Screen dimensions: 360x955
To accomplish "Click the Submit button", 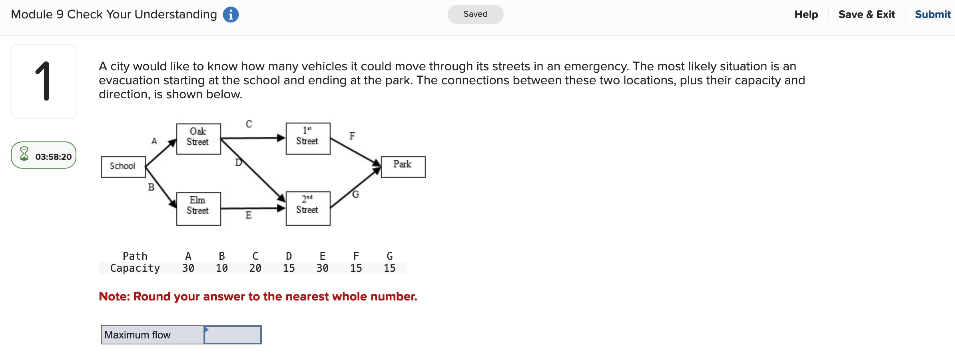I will (x=932, y=14).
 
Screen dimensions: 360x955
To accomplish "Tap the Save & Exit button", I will (x=866, y=14).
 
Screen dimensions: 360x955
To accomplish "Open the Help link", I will (x=806, y=14).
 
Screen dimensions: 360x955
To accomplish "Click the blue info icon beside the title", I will (x=231, y=15).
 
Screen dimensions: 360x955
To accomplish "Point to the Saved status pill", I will (x=475, y=14).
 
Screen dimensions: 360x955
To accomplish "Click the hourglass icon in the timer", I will (x=24, y=154).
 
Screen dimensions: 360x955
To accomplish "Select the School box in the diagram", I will (x=123, y=167).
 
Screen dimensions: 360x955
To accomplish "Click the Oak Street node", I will (x=198, y=139).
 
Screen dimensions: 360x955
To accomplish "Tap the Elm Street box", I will (x=198, y=209).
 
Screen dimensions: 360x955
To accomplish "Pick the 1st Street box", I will (x=308, y=138).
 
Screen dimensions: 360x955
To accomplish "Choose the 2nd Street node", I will (x=308, y=208).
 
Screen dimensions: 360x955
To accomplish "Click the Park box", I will (x=403, y=167).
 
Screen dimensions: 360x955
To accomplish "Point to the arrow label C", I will (x=249, y=124).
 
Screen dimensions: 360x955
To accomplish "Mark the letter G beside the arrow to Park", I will (x=355, y=194).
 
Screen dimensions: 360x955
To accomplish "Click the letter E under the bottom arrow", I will (x=248, y=215).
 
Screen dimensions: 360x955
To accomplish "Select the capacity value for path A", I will (x=188, y=268).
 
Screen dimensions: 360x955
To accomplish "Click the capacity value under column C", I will (x=255, y=268).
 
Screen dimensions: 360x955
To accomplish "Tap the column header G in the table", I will (x=390, y=256).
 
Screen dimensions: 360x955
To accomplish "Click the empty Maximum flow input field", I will (x=233, y=335).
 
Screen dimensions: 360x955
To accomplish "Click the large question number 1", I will (x=43, y=81).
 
